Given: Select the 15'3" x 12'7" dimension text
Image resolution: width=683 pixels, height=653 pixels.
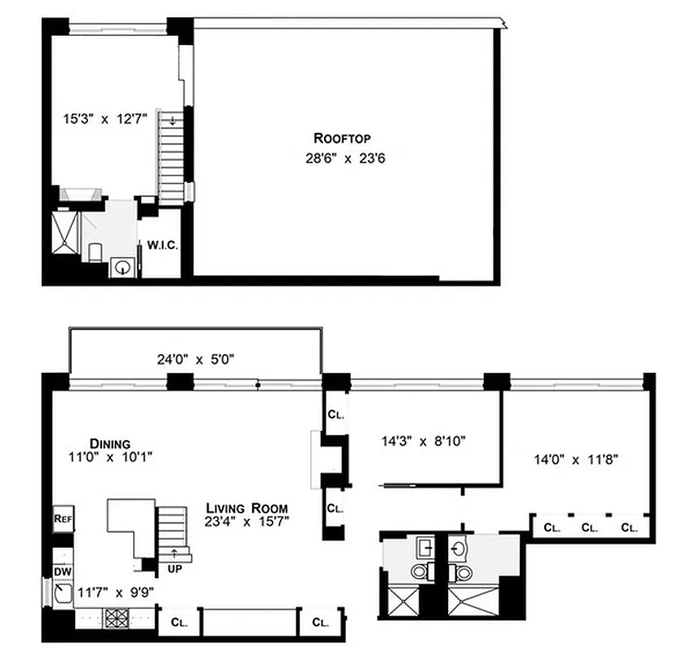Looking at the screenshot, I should tap(105, 118).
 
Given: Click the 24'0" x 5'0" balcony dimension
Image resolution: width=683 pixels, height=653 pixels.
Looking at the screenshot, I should tap(197, 358).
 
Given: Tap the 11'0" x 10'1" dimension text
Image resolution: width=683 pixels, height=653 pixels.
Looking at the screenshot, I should tap(111, 457).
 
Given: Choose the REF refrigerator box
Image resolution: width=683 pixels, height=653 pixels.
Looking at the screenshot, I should tap(63, 518).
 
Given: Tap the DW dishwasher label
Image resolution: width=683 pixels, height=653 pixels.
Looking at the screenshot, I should tap(63, 571).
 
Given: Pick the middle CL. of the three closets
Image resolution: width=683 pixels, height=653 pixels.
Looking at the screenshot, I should tap(589, 527).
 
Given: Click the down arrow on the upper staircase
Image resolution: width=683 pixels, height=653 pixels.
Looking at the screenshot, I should tap(172, 121).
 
